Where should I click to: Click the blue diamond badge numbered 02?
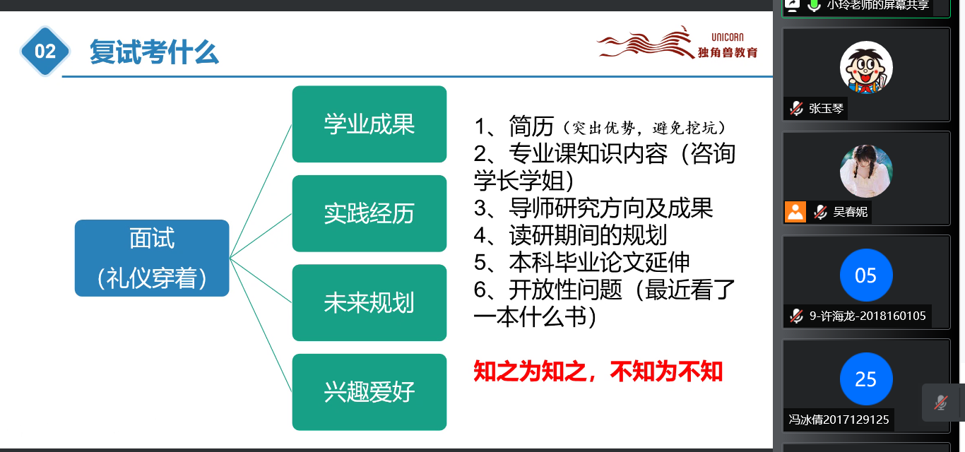point(45,52)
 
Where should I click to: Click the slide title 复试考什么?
point(154,52)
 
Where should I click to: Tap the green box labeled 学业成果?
point(369,124)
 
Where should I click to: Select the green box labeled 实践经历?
point(369,213)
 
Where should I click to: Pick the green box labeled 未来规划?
point(369,302)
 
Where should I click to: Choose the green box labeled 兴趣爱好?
point(369,392)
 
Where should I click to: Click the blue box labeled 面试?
point(152,258)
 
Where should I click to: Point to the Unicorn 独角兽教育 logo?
point(677,42)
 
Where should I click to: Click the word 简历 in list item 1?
point(531,126)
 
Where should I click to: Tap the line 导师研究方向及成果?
point(610,208)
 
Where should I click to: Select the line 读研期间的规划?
point(588,235)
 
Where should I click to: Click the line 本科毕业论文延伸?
point(599,263)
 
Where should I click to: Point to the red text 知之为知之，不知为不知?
point(598,371)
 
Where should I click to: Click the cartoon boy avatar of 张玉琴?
point(866,68)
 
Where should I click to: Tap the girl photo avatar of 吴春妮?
point(866,171)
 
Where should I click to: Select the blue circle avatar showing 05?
point(866,275)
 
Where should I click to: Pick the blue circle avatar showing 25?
point(866,379)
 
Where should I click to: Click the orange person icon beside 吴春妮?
point(795,212)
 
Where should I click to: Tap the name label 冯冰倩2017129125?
point(839,420)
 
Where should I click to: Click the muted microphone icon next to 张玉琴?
point(797,108)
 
